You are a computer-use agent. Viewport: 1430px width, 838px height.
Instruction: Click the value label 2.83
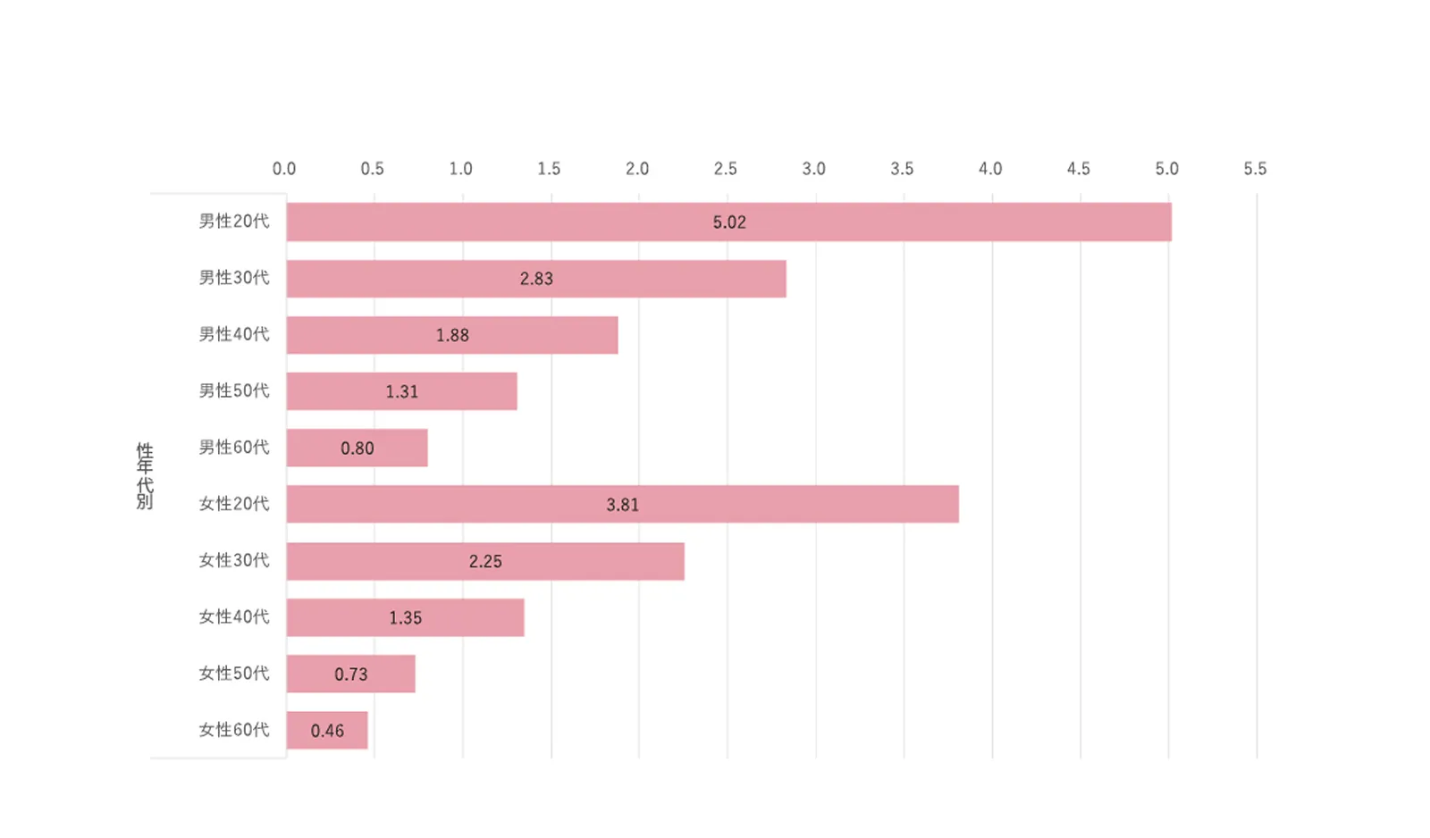pyautogui.click(x=536, y=279)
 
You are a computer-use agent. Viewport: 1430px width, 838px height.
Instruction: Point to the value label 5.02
pyautogui.click(x=729, y=222)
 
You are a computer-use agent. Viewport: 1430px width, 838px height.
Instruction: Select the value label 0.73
pyautogui.click(x=351, y=675)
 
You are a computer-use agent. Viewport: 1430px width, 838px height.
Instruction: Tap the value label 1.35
pyautogui.click(x=405, y=618)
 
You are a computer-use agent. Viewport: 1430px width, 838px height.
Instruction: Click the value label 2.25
pyautogui.click(x=485, y=562)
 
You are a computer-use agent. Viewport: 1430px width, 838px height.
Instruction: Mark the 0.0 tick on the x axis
pyautogui.click(x=284, y=169)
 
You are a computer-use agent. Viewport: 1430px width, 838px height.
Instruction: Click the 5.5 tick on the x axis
pyautogui.click(x=1255, y=169)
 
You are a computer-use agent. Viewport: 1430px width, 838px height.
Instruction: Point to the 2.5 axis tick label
pyautogui.click(x=726, y=169)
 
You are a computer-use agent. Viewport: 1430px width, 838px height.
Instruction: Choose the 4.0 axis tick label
pyautogui.click(x=990, y=169)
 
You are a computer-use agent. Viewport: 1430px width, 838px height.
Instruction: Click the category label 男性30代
pyautogui.click(x=234, y=278)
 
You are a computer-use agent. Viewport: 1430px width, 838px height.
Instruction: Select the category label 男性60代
pyautogui.click(x=234, y=447)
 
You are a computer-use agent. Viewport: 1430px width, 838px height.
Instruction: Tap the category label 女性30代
pyautogui.click(x=234, y=560)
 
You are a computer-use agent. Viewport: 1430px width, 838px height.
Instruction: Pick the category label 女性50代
pyautogui.click(x=234, y=673)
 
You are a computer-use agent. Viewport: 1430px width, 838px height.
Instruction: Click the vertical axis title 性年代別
pyautogui.click(x=145, y=475)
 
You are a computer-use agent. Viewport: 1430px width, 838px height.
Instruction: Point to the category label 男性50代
pyautogui.click(x=234, y=390)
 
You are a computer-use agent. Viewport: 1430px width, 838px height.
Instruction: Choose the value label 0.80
pyautogui.click(x=357, y=448)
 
